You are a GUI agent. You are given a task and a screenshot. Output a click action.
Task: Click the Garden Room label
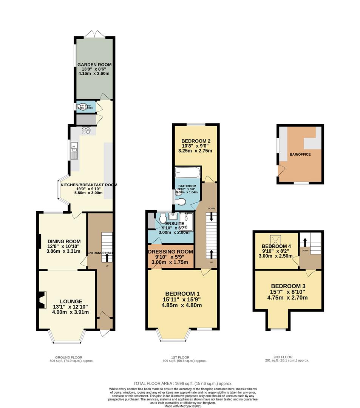tap(94, 65)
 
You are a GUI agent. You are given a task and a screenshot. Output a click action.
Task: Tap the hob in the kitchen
tap(86, 130)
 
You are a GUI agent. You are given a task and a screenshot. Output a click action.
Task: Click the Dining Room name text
tap(64, 241)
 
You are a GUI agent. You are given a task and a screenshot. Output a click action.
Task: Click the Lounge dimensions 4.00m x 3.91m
tap(71, 312)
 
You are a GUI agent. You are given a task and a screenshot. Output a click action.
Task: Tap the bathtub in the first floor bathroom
tap(187, 173)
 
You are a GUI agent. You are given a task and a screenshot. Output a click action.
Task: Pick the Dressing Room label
tap(171, 252)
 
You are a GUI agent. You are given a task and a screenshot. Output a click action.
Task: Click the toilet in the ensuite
tap(162, 219)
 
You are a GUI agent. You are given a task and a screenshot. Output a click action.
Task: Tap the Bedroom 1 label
tap(182, 294)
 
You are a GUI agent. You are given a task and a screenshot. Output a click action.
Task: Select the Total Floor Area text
tap(183, 383)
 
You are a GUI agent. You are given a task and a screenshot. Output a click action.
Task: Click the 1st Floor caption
tap(180, 357)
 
